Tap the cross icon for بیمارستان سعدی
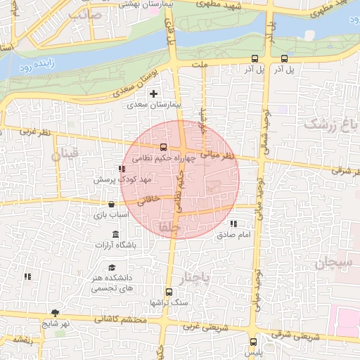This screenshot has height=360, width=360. coord(153,93)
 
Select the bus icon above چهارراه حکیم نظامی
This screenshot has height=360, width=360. coord(164,148)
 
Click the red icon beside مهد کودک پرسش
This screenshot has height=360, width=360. coord(122,169)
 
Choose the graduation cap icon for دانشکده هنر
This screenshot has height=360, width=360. coord(111,268)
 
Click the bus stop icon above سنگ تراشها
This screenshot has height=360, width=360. coord(168,292)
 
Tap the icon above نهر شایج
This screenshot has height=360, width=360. coord(55,313)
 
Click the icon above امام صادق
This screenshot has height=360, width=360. coord(233,224)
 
